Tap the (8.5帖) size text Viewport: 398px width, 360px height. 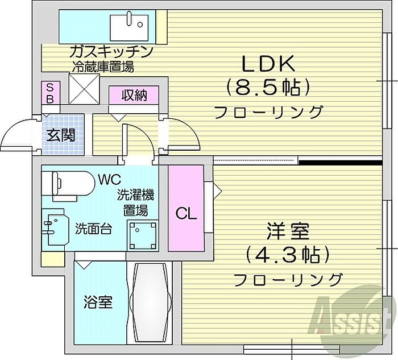click(x=268, y=87)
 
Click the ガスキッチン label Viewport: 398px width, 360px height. click(x=111, y=52)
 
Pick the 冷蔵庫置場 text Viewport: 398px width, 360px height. click(x=102, y=67)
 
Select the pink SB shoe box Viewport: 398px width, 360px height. click(x=49, y=93)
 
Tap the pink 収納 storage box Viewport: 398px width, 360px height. click(x=134, y=95)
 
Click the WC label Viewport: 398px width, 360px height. click(x=107, y=180)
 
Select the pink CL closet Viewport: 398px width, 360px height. click(x=186, y=208)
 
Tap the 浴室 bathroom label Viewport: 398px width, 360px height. click(x=97, y=301)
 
